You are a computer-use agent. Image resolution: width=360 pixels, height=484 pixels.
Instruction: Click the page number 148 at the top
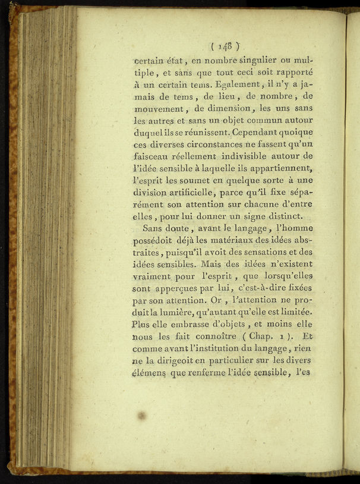coord(225,45)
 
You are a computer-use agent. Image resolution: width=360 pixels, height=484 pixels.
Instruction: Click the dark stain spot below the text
coord(142,415)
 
